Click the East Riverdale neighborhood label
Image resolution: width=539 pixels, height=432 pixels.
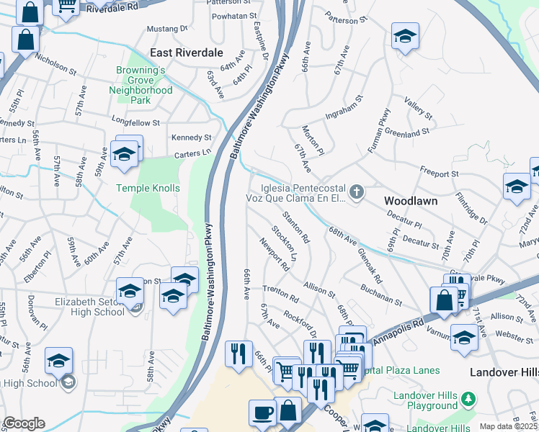(x=187, y=53)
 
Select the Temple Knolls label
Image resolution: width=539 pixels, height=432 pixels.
(x=148, y=188)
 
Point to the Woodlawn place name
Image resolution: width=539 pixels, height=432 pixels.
(x=410, y=201)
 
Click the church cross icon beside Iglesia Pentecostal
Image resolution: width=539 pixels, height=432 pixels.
(x=356, y=192)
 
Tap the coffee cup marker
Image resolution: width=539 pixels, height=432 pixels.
(x=262, y=413)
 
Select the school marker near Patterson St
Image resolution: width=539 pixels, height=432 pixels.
(x=405, y=37)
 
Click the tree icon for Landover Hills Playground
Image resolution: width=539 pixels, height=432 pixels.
(x=468, y=398)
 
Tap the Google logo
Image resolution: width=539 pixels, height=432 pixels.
(x=23, y=423)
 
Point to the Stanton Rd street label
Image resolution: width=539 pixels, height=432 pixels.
(x=295, y=227)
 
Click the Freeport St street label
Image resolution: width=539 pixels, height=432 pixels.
(x=440, y=174)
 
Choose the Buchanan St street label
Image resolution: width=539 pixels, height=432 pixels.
(x=381, y=294)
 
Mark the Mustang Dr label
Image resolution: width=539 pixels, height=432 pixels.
(x=166, y=29)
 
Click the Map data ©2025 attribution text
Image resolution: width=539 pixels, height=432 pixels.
(x=509, y=426)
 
